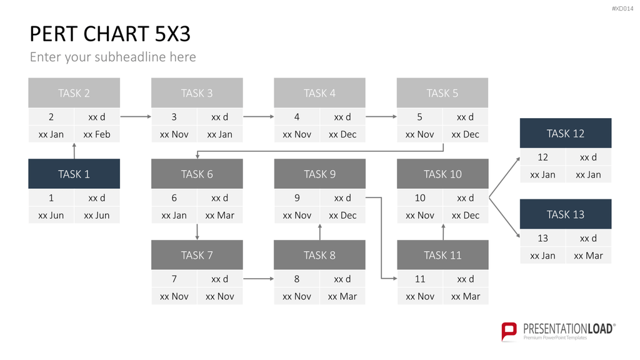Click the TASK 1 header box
click(x=74, y=174)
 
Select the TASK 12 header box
click(x=565, y=133)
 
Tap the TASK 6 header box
click(x=197, y=174)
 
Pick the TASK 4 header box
click(x=319, y=92)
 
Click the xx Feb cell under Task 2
click(x=97, y=134)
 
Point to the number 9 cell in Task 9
click(x=297, y=198)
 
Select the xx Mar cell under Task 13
click(x=589, y=256)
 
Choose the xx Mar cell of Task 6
click(x=220, y=215)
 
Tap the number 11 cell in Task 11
click(x=419, y=279)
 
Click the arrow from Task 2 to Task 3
click(x=136, y=117)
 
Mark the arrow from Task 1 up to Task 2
click(x=74, y=151)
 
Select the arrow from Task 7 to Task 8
click(x=258, y=279)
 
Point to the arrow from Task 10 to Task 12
click(x=504, y=177)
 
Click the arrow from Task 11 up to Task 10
click(x=443, y=231)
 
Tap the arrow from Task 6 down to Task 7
click(x=197, y=232)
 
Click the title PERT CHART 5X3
click(x=110, y=34)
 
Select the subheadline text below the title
click(x=112, y=57)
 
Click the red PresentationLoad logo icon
click(x=509, y=331)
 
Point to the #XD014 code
click(x=622, y=9)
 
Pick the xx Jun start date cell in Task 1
click(x=51, y=215)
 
